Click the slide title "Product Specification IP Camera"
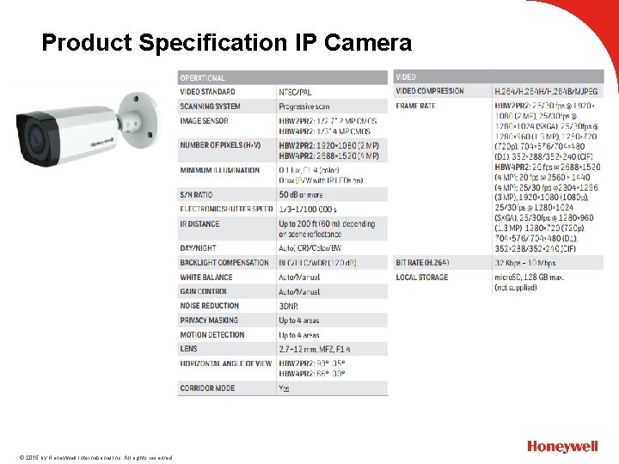click(227, 43)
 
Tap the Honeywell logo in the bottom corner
click(562, 447)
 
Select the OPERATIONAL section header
click(203, 77)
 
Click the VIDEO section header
click(407, 77)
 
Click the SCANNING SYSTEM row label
click(210, 107)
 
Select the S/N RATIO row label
click(197, 194)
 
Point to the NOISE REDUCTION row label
click(209, 306)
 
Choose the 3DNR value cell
click(289, 306)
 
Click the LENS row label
click(188, 349)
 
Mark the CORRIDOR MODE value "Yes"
click(284, 388)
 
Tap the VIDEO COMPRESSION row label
click(429, 91)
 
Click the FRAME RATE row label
click(415, 106)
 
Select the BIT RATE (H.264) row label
click(425, 262)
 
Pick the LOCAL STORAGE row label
click(421, 278)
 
